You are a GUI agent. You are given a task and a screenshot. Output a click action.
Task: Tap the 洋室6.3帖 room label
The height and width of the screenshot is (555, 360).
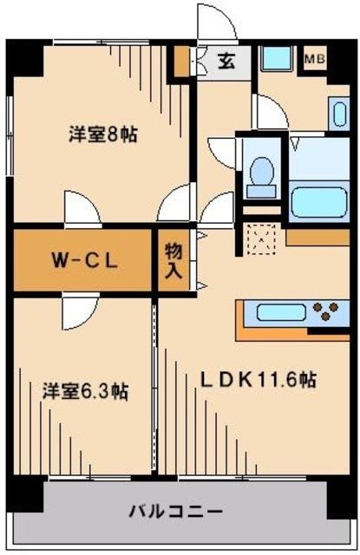coord(86,391)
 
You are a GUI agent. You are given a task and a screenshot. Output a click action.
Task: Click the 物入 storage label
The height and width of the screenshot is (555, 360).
coord(173,258)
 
